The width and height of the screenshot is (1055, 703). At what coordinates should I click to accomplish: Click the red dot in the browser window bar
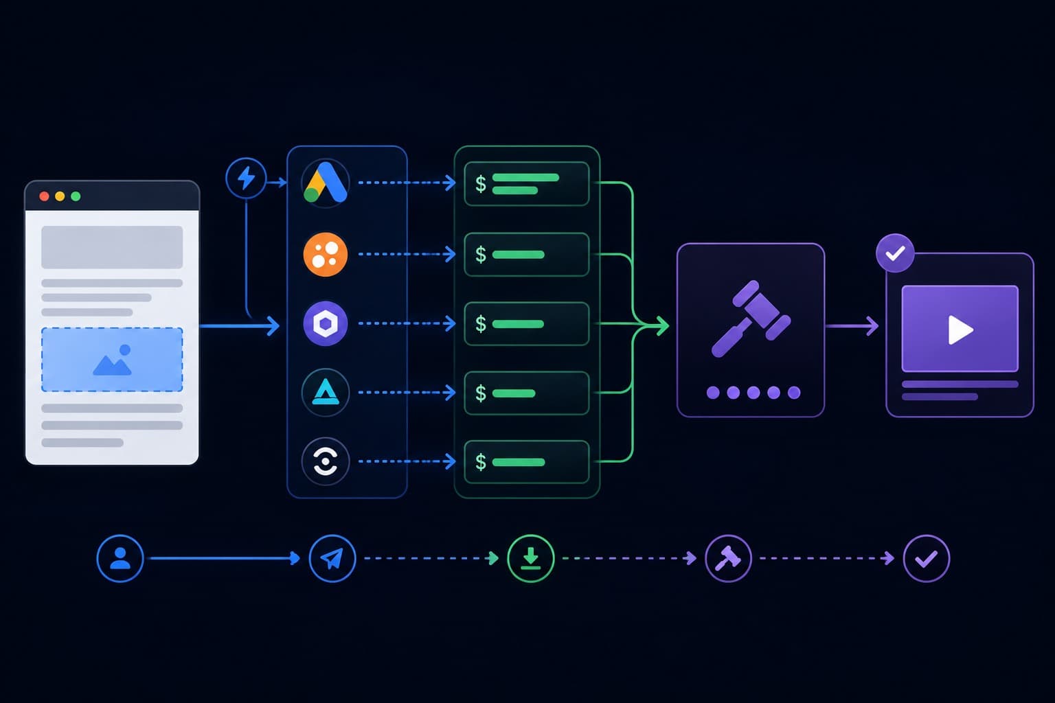point(44,196)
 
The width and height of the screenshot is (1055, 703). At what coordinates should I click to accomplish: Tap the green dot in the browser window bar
point(76,196)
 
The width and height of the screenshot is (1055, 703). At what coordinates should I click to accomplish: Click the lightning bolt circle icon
point(246,178)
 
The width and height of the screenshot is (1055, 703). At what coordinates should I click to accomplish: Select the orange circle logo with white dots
point(326,254)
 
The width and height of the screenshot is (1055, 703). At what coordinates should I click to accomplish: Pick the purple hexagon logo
point(326,324)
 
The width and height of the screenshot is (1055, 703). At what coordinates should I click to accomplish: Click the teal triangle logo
point(326,392)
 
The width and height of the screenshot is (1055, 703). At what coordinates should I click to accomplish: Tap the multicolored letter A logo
point(326,183)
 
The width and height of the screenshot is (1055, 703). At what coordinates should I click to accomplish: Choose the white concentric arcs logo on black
point(326,461)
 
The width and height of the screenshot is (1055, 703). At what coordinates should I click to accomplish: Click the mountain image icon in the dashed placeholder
point(112,360)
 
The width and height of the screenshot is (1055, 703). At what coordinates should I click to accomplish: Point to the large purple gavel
point(751,319)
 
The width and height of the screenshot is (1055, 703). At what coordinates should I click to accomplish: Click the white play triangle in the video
point(960,330)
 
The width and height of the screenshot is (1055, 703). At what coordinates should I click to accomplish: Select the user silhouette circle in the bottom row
point(120,558)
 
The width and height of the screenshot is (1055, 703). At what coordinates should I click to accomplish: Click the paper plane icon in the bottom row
point(332,558)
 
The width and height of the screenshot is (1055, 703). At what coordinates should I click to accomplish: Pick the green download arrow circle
point(531,558)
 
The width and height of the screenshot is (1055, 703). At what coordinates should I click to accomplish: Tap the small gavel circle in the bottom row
point(728,558)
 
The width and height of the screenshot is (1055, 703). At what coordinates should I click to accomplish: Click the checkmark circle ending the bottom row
point(927,558)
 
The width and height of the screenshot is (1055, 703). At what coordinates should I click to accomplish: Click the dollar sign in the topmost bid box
point(480,183)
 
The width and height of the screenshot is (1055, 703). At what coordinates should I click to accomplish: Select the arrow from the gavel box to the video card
point(852,326)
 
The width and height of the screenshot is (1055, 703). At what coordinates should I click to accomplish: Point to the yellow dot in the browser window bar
point(60,196)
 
